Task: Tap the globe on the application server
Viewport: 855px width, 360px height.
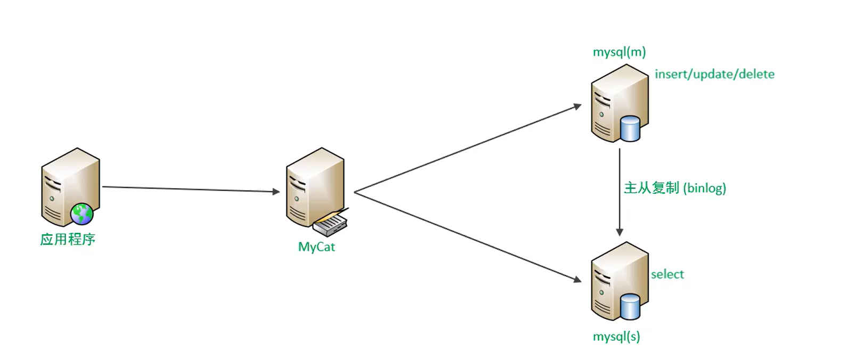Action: (x=82, y=214)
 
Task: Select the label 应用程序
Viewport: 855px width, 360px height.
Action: (x=68, y=240)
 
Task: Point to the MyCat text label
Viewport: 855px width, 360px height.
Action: (x=316, y=247)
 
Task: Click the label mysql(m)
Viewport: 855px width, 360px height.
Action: (x=619, y=52)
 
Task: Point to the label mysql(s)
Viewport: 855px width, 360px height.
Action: (x=616, y=337)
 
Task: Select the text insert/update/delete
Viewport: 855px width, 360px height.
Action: (x=714, y=75)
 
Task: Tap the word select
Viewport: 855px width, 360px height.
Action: (x=667, y=274)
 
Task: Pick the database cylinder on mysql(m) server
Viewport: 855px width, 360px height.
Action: (x=630, y=128)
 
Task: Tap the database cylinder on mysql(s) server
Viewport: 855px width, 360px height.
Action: (x=630, y=306)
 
